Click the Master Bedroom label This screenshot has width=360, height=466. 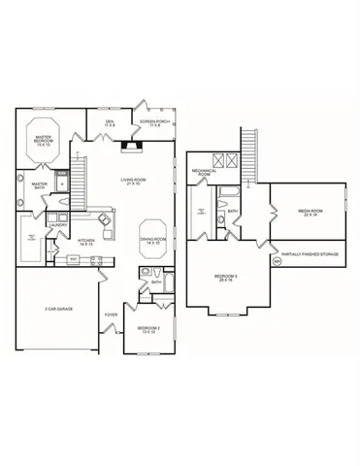(x=44, y=140)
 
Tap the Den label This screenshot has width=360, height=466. (x=110, y=123)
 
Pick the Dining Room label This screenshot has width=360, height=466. (x=153, y=241)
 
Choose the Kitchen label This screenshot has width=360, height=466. (x=85, y=241)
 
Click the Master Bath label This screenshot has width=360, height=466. (x=40, y=184)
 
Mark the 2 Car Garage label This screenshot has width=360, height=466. (x=60, y=309)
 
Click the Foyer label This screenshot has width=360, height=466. (x=111, y=315)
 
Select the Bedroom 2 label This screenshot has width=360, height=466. (x=148, y=330)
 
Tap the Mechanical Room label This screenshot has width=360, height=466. (x=204, y=173)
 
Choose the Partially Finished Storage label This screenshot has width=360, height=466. (x=316, y=255)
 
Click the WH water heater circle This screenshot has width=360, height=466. (x=276, y=261)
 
